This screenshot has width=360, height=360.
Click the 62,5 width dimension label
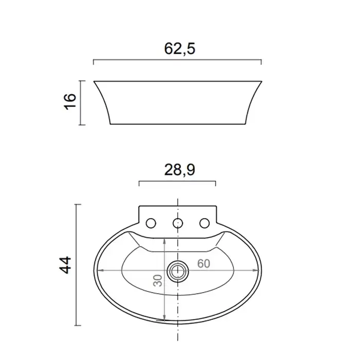pos(179,49)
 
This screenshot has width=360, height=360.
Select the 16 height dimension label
pos(70,102)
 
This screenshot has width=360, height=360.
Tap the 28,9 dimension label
pos(179,170)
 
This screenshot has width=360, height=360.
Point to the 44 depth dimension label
pos(65,265)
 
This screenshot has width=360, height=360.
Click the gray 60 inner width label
pos(204,263)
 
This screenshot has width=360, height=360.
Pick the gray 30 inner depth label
pos(158,280)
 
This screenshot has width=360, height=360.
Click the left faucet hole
pos(151,223)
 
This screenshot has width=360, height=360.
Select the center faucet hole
pos(178,223)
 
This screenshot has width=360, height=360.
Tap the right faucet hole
pos(205,223)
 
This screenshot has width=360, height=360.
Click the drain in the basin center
pos(178,272)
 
